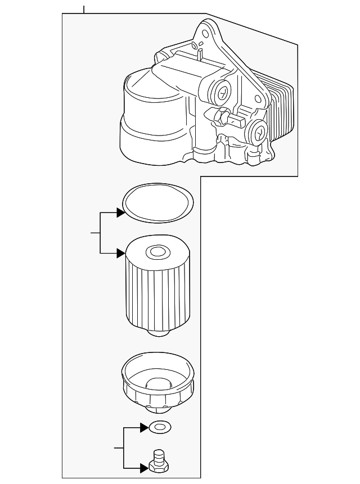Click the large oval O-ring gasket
(x=158, y=202)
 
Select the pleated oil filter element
(x=156, y=290)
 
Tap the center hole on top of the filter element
(x=156, y=252)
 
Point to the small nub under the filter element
(x=159, y=333)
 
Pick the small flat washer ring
(x=159, y=429)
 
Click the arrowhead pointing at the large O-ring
(x=120, y=213)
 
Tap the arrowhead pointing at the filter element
(x=120, y=254)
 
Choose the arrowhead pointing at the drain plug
(x=144, y=467)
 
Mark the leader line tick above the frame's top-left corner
(x=83, y=9)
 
